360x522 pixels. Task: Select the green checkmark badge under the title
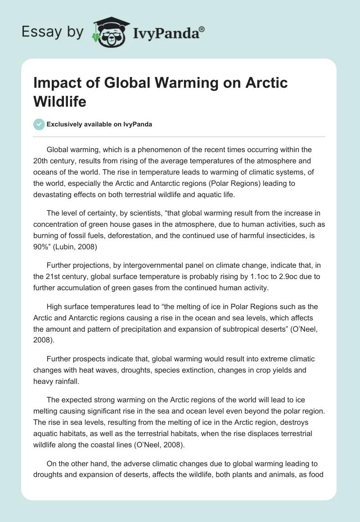(x=39, y=124)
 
